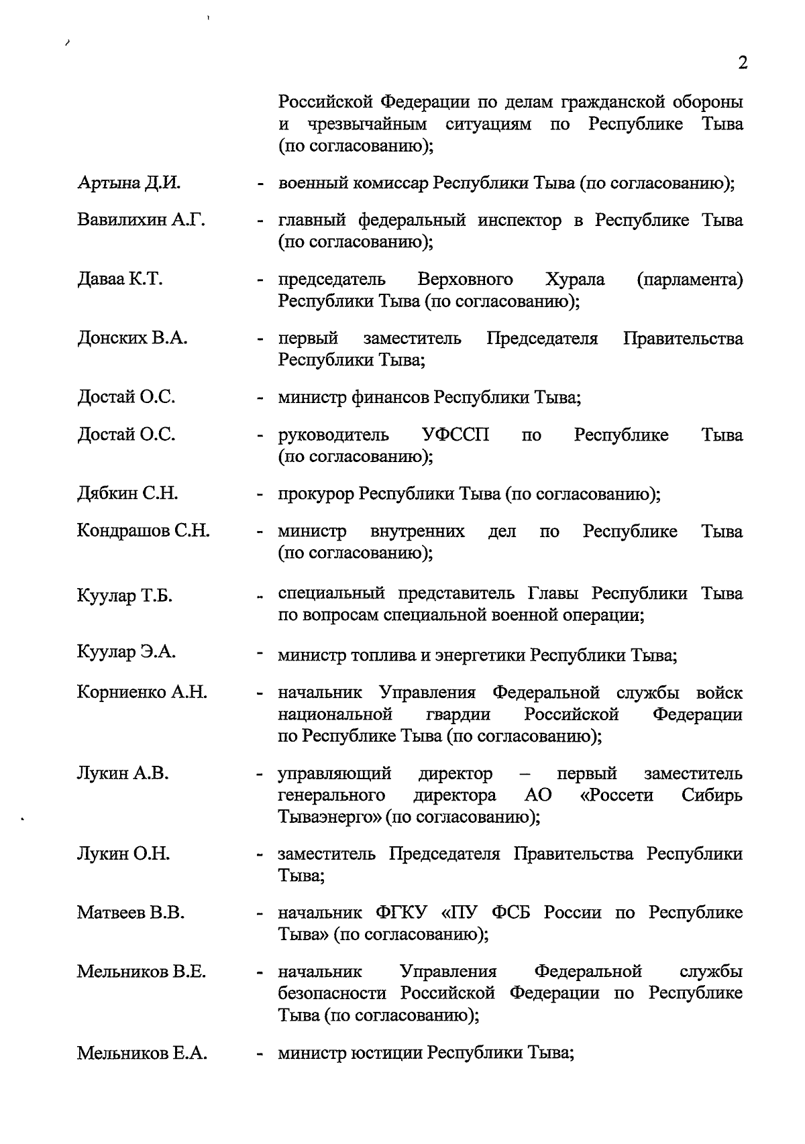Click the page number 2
742,63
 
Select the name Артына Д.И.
129,183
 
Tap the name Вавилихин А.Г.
141,220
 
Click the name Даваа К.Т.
119,279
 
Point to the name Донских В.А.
132,338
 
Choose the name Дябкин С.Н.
127,494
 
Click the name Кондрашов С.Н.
143,532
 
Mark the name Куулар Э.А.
126,652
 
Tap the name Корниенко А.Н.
142,692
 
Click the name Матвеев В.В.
130,913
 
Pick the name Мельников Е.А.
142,1053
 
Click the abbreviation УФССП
455,435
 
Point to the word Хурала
575,279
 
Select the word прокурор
315,495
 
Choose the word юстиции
386,1053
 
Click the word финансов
389,398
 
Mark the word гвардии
458,715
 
